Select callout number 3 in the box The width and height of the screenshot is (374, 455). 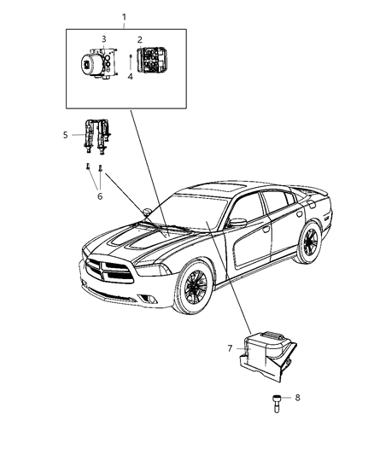click(x=104, y=39)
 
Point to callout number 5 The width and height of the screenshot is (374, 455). click(x=66, y=134)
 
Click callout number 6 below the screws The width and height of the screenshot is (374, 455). click(x=99, y=195)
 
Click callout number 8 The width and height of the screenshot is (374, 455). click(x=296, y=397)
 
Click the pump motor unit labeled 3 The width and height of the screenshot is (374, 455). click(x=96, y=63)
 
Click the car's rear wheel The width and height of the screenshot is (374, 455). click(x=310, y=242)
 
